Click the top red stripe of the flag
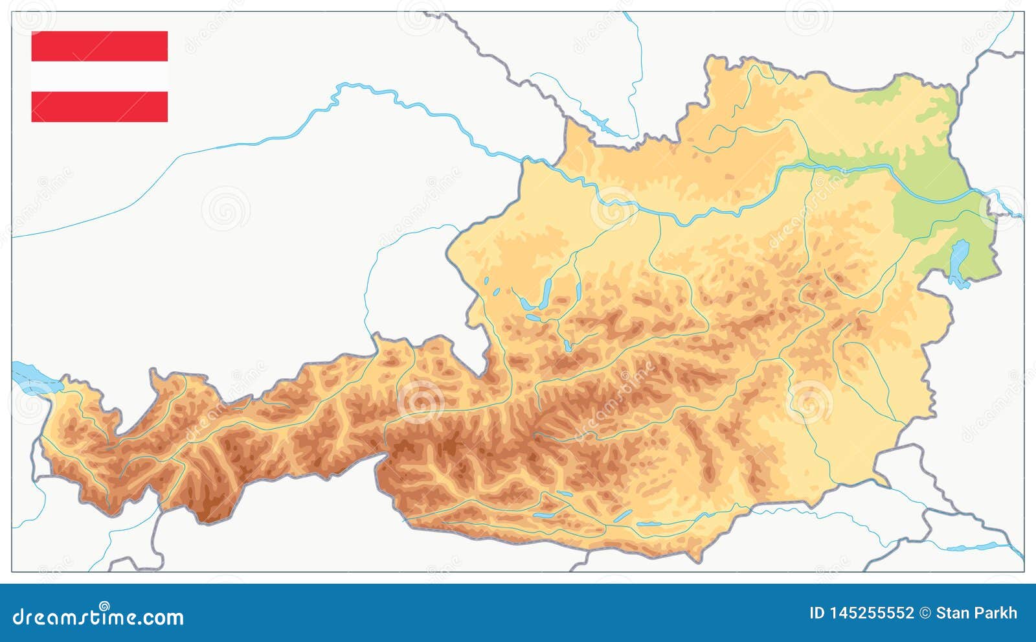click(x=100, y=45)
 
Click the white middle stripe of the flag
click(x=100, y=76)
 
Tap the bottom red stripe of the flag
click(x=100, y=106)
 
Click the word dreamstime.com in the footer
click(x=98, y=617)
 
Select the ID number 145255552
click(x=872, y=613)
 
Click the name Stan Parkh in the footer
click(x=976, y=613)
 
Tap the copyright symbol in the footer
click(x=925, y=613)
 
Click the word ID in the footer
click(x=817, y=613)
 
